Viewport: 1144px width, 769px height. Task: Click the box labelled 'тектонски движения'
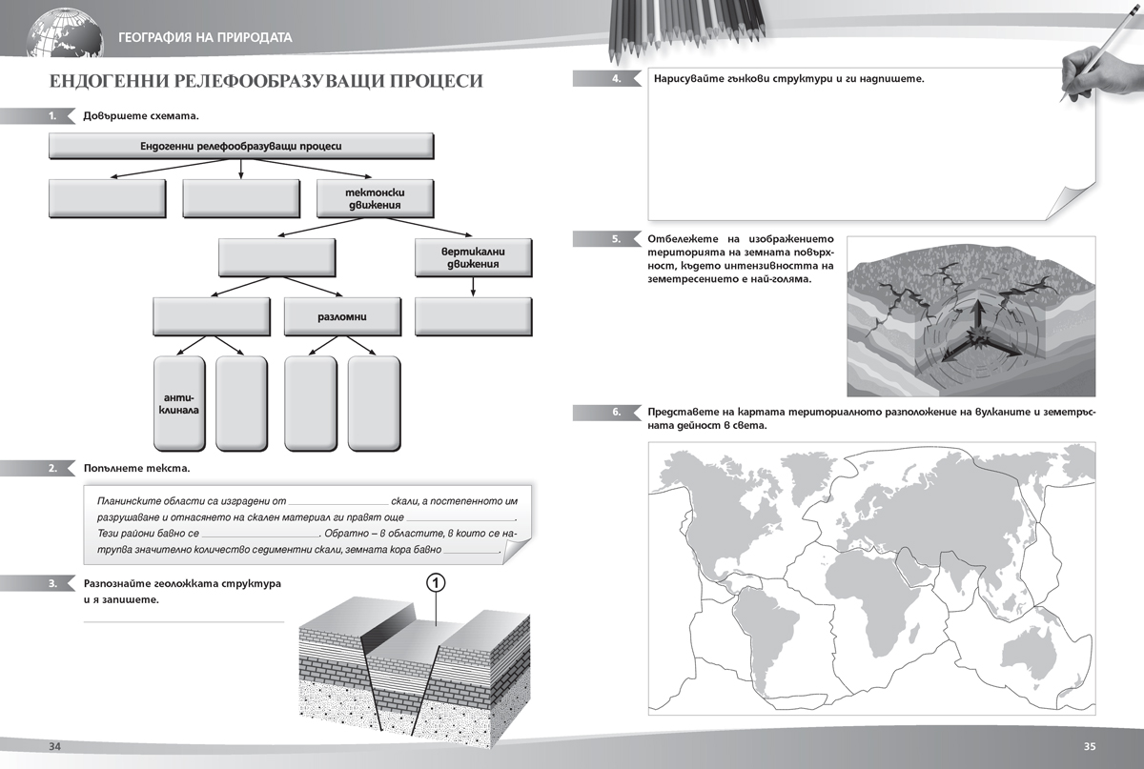click(375, 198)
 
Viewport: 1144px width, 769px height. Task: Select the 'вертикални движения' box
click(473, 257)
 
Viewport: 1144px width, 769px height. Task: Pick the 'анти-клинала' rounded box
click(179, 402)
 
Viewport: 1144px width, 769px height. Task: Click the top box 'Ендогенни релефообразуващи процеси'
click(241, 146)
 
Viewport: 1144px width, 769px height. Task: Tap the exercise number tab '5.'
click(617, 239)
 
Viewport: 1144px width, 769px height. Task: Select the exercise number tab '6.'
click(617, 412)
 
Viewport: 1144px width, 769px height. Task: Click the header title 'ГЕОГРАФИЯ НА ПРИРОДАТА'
click(206, 38)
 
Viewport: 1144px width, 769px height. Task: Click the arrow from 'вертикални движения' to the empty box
click(473, 286)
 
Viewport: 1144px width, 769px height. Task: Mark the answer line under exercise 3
click(184, 621)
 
